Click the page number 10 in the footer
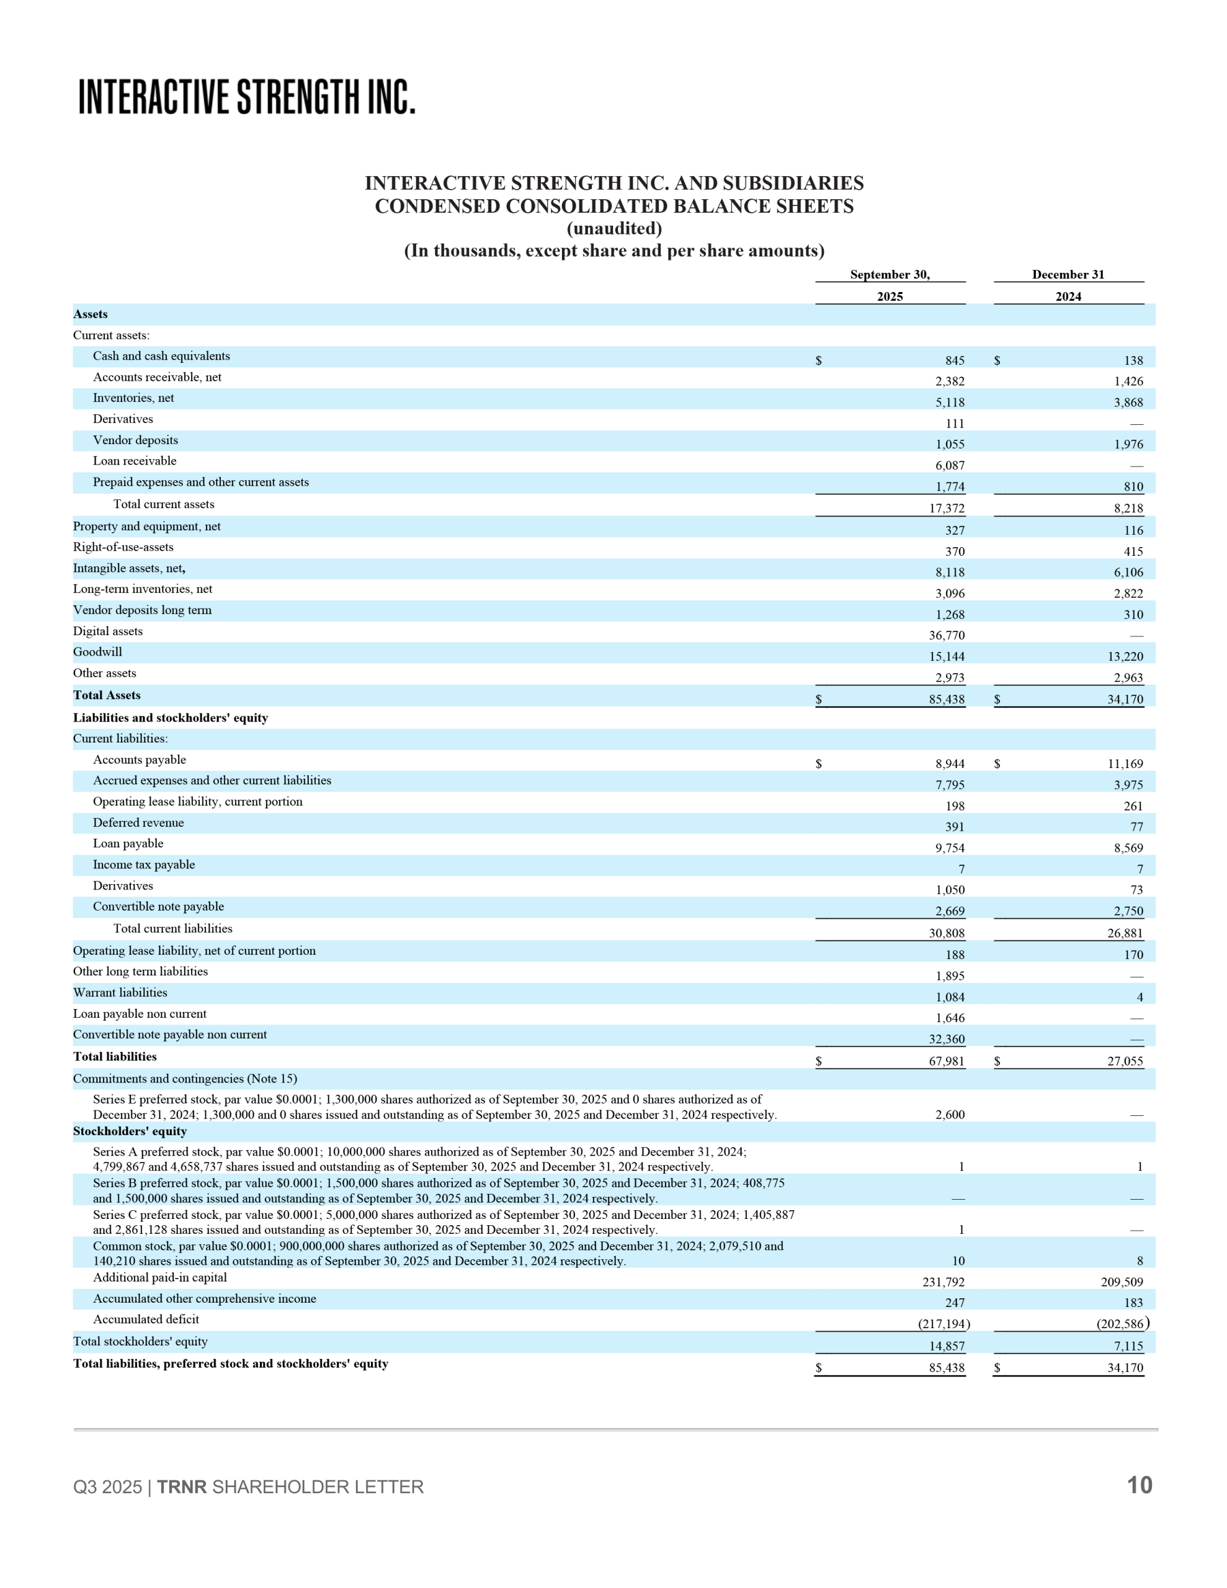(1139, 1485)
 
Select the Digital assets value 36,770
(946, 635)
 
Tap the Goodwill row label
(97, 652)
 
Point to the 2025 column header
(890, 297)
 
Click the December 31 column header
(1068, 275)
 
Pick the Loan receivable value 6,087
(950, 465)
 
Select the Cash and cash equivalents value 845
(954, 360)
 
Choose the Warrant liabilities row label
(120, 993)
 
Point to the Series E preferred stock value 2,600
(950, 1115)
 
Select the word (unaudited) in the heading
(614, 228)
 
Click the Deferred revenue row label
(138, 823)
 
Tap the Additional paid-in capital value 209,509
(1122, 1282)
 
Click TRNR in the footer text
(182, 1487)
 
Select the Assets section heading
(90, 314)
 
